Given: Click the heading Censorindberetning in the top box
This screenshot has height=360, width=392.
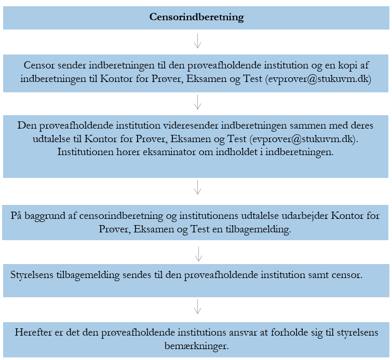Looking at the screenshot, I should (196, 17).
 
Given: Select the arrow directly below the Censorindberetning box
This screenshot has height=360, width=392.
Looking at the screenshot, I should (197, 41).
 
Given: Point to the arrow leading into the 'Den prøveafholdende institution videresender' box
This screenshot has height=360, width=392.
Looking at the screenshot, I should (197, 102).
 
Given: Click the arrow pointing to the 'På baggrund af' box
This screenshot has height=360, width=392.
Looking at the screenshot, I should (197, 187).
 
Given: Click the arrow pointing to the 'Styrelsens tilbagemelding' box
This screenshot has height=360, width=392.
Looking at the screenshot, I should (197, 254).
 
